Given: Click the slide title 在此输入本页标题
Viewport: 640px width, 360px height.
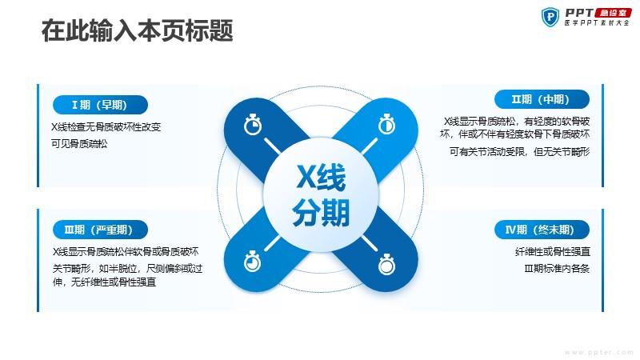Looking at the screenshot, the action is [137, 30].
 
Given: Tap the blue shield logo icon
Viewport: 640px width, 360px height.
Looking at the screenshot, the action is [550, 17].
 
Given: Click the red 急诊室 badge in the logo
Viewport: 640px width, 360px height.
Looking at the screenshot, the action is [614, 13].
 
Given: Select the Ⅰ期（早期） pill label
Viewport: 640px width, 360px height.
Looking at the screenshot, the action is [100, 105].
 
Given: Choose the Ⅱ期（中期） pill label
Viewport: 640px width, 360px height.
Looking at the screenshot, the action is [542, 99].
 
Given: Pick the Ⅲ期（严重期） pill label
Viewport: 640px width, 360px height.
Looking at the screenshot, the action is [100, 230].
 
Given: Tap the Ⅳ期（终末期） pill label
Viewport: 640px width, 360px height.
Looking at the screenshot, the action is [542, 230].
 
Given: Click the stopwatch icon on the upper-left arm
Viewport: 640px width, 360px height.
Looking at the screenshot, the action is [253, 125].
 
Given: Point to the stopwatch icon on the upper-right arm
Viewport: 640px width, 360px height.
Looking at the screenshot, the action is [386, 125].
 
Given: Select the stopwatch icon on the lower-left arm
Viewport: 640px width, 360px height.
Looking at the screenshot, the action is [253, 262].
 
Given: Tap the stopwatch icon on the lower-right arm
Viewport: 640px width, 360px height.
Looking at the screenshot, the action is [386, 264].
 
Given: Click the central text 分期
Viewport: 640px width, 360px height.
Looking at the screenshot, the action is [321, 212].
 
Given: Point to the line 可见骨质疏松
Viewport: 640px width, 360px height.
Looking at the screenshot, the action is [79, 144].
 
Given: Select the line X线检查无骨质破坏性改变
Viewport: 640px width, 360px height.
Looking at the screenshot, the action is [106, 127].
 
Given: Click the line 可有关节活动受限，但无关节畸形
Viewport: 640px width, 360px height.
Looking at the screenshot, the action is [519, 152].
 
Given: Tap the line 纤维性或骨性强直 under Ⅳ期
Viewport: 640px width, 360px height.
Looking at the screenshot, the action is [553, 252].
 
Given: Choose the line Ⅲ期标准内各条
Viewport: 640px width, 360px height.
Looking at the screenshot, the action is [557, 269].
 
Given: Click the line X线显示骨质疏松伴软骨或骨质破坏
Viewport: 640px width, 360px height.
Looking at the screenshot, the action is [126, 252].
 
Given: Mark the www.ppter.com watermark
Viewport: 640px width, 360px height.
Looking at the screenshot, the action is [599, 352].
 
